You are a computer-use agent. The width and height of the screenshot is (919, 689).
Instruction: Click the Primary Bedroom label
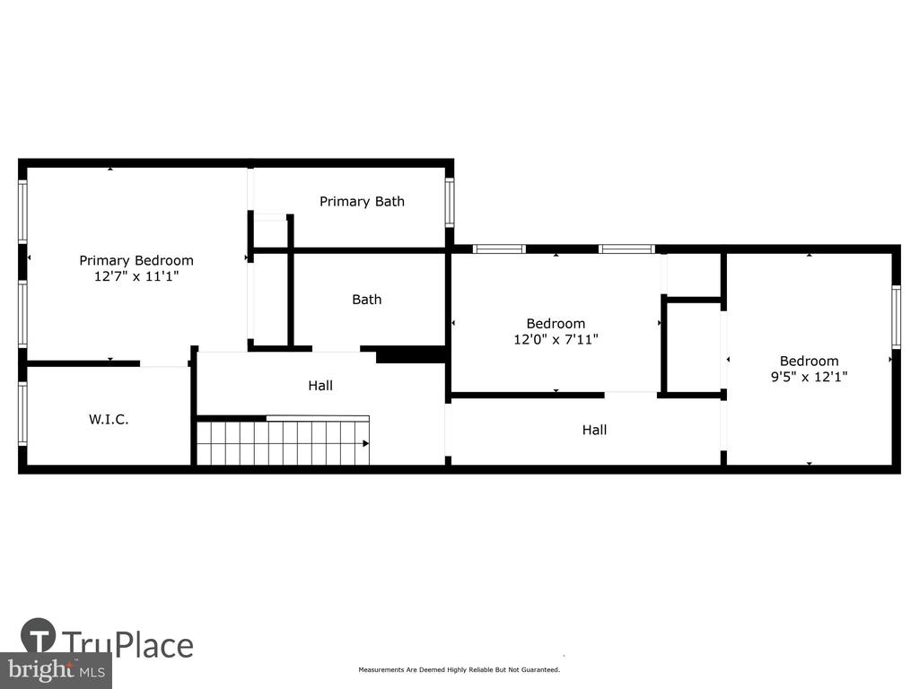[136, 261]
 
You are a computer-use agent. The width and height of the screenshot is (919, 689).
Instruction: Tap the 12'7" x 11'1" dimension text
[136, 276]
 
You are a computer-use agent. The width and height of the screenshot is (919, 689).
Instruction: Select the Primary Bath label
[362, 202]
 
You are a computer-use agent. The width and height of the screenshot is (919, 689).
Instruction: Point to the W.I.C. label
[109, 419]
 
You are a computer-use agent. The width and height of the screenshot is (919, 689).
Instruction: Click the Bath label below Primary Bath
[367, 300]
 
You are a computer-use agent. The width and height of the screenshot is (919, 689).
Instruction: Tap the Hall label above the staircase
[320, 386]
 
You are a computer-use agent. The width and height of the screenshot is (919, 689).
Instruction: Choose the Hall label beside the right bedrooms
[594, 430]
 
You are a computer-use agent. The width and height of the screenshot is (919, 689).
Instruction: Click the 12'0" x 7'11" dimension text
[556, 339]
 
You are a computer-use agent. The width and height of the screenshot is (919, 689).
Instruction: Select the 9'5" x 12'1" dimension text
[809, 377]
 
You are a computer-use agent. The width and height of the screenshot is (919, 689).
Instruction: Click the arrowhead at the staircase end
[366, 443]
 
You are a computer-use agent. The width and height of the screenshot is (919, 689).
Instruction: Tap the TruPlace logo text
[127, 645]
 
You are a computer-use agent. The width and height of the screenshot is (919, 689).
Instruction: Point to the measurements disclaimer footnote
[459, 669]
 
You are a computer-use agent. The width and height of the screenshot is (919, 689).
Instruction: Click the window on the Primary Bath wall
[450, 202]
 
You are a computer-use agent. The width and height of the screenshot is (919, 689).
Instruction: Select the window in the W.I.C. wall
[22, 414]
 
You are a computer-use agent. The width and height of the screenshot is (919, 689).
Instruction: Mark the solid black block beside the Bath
[411, 354]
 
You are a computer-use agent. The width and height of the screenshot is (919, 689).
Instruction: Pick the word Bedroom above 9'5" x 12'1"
[809, 362]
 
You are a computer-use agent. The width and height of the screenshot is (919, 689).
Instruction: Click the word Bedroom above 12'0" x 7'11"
[556, 324]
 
